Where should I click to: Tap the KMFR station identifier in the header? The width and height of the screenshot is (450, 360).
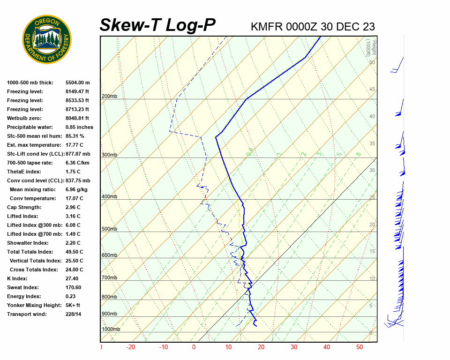click(x=268, y=27)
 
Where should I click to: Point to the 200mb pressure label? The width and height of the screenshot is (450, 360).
click(x=109, y=97)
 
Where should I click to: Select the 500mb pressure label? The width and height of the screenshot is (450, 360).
click(x=109, y=229)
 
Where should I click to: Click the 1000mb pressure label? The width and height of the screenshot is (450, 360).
click(x=111, y=330)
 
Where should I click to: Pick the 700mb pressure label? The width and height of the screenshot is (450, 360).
click(x=109, y=278)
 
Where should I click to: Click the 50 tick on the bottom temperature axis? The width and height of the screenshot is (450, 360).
click(x=360, y=347)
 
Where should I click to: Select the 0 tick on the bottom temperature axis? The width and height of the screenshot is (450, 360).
click(x=194, y=347)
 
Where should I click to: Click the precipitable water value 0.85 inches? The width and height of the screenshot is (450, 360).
click(x=79, y=127)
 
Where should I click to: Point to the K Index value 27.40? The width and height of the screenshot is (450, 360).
click(x=72, y=278)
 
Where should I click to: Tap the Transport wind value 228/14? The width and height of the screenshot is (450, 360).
click(x=74, y=314)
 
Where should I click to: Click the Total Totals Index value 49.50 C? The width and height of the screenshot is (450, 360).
click(x=75, y=252)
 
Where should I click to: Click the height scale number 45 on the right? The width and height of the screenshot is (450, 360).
click(x=372, y=90)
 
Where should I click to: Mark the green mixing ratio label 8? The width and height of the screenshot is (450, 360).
click(x=358, y=154)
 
